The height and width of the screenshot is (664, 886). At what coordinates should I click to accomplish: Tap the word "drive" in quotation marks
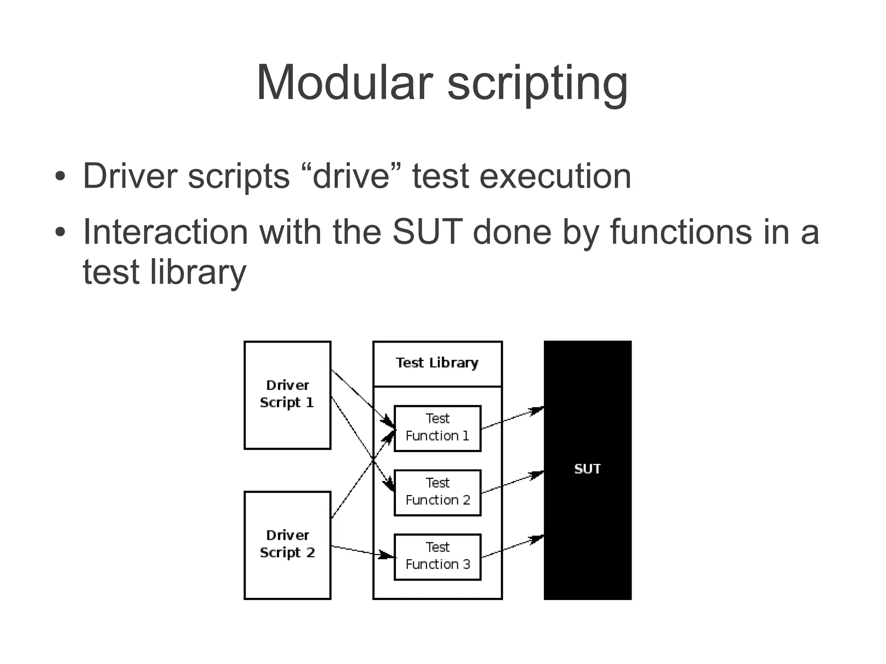click(351, 176)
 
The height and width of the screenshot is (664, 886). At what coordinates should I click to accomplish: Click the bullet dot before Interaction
click(60, 232)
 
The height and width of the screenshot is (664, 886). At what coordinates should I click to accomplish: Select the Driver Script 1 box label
click(287, 394)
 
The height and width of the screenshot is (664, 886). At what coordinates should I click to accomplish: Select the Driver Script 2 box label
click(287, 544)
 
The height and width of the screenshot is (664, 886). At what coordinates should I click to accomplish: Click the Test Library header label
click(437, 362)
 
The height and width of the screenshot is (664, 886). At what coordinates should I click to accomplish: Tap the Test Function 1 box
click(437, 428)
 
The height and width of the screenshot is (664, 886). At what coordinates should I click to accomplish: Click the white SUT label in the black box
click(587, 469)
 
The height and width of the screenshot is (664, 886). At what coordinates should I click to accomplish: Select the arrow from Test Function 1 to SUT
click(512, 418)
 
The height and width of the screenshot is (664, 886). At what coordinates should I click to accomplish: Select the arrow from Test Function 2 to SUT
click(512, 482)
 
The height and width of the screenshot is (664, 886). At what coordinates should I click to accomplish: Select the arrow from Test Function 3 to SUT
click(512, 547)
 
